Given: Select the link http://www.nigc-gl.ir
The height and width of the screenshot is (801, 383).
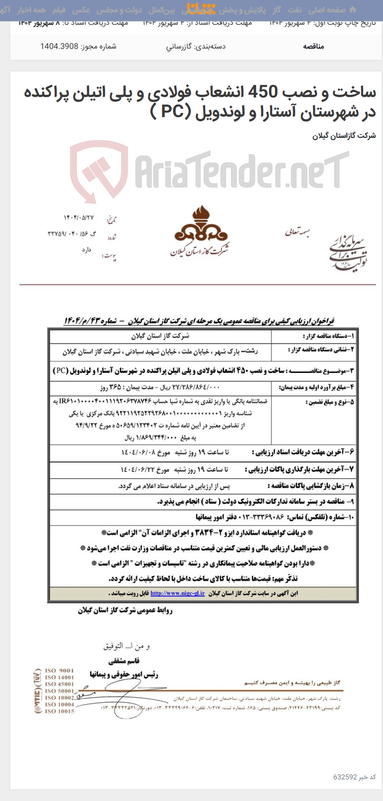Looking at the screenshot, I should point(178,593).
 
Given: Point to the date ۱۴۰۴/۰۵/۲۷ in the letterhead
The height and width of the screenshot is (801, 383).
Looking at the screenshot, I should point(78,218).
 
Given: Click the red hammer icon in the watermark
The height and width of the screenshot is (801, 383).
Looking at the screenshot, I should point(99,169).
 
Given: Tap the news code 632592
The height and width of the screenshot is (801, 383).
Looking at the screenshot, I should point(345,777).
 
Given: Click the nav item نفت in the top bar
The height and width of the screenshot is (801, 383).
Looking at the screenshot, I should point(294,10).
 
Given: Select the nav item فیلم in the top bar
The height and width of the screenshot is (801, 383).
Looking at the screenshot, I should point(59,10).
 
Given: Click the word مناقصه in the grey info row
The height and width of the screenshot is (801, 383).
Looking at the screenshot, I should point(313,46).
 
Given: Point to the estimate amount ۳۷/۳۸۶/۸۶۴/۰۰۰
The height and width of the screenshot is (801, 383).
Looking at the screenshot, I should point(196,387).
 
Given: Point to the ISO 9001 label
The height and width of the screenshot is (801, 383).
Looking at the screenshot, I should point(59,671).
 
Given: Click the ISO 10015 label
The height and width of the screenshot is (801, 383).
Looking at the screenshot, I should point(59,711).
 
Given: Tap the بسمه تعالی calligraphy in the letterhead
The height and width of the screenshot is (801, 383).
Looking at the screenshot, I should point(298,232).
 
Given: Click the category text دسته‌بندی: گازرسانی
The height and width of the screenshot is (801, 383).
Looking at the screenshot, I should point(195,46).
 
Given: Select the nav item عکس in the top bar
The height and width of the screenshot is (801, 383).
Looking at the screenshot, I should point(81,10).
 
